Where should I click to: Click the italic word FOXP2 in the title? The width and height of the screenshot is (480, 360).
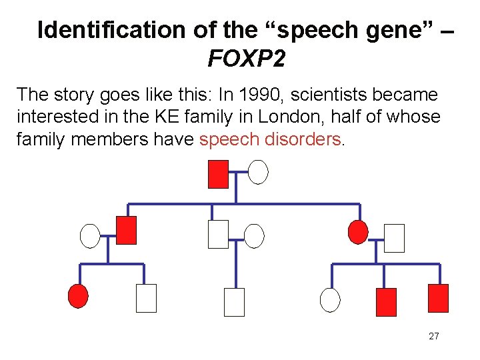247,59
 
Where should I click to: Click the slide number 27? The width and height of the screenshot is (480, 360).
433,336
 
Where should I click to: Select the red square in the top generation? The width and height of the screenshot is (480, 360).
218,174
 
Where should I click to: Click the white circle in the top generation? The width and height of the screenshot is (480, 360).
258,171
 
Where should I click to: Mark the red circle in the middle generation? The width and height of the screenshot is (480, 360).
358,231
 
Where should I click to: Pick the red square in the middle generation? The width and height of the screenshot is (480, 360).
126,230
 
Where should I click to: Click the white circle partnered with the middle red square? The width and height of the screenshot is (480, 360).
89,235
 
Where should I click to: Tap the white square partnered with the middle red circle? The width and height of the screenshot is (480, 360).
394,238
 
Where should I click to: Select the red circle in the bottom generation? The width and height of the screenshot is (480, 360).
79,295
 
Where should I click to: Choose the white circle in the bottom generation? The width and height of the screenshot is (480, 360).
329,300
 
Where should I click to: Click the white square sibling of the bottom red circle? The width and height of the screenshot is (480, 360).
146,298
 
